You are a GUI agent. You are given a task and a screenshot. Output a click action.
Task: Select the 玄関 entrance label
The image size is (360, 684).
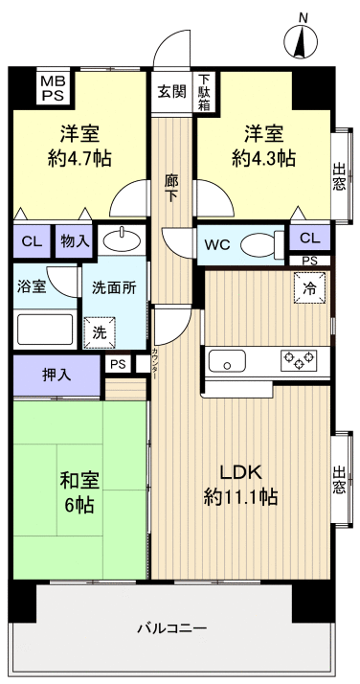172,92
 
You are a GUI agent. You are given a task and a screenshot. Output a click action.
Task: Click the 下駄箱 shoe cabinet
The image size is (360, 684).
205,92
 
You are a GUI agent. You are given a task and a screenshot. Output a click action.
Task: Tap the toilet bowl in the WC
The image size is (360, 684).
258,245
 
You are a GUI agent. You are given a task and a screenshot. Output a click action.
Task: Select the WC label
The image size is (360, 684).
216,245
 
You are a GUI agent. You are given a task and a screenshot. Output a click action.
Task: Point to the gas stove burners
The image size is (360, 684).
299,361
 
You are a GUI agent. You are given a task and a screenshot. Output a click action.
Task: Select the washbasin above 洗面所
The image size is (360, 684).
122,239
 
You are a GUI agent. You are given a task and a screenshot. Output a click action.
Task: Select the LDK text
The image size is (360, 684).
240,472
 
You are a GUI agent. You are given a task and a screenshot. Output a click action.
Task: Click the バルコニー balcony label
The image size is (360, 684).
171,628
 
